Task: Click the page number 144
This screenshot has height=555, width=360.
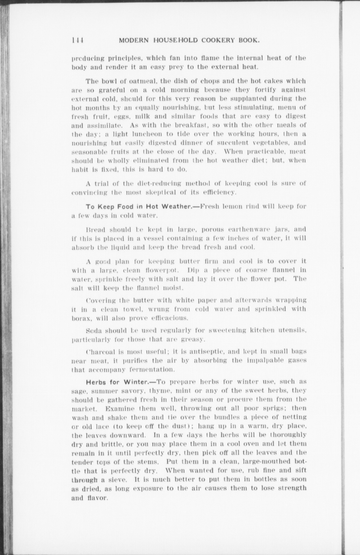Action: [x=78, y=40]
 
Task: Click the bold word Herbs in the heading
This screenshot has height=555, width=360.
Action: [x=96, y=382]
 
